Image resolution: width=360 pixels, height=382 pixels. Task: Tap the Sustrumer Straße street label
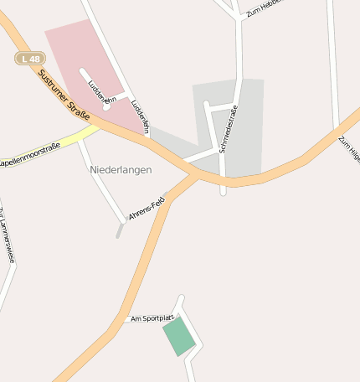click(64, 95)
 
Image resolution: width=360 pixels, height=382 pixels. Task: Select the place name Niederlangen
click(121, 169)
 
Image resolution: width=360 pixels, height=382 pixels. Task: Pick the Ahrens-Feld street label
click(147, 209)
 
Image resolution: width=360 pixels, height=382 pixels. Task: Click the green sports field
click(178, 336)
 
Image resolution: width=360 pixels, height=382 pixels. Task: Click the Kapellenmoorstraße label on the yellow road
click(30, 155)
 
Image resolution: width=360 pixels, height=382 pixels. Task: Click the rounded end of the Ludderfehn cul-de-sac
click(106, 106)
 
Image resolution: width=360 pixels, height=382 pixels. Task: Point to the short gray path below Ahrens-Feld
click(120, 230)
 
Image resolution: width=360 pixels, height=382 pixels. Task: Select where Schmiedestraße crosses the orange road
click(223, 179)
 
